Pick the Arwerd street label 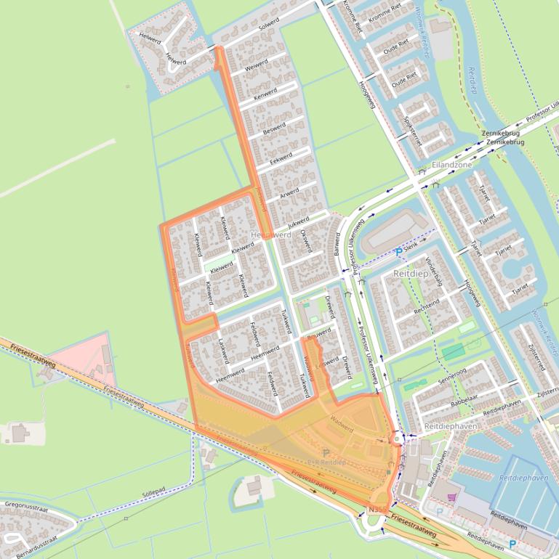coord(289,193)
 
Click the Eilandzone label coord(451,165)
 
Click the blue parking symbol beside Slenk coord(398,252)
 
